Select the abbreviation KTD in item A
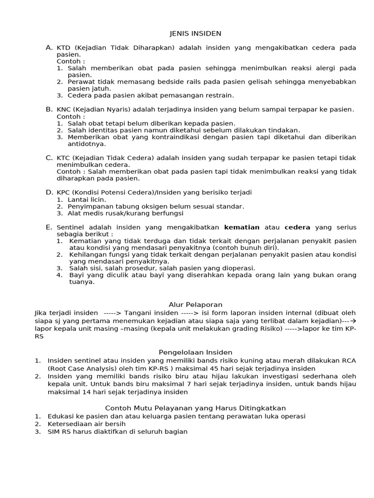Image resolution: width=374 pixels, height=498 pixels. (63, 48)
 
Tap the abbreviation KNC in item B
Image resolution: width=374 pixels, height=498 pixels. (64, 110)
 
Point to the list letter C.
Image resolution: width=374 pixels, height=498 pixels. (49, 158)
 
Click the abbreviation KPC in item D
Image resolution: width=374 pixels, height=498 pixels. (64, 193)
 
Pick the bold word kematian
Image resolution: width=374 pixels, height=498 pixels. (242, 227)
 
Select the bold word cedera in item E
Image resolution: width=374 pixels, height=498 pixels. (297, 227)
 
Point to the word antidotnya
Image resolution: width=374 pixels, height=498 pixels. (87, 144)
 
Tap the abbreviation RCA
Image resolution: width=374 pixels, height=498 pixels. (349, 360)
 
